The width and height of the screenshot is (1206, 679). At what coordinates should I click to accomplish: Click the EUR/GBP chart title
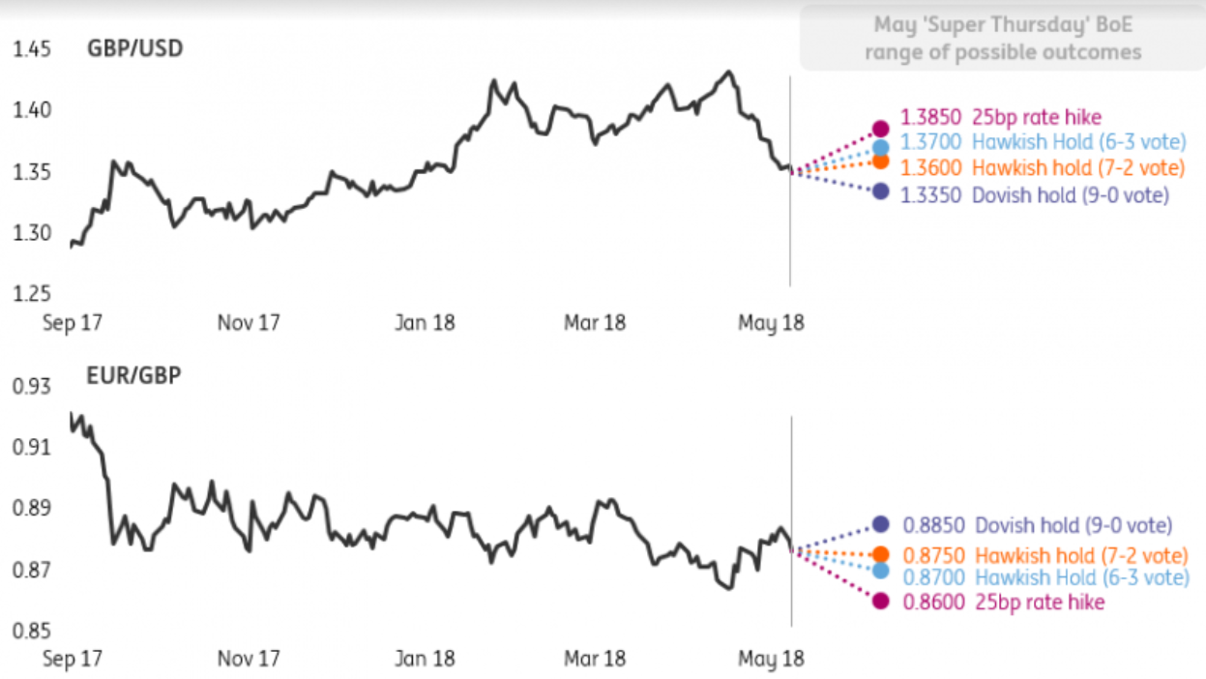tap(132, 375)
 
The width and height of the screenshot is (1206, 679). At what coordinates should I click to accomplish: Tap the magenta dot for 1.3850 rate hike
tap(881, 129)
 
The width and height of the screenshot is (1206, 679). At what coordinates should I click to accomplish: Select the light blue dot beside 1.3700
tap(881, 147)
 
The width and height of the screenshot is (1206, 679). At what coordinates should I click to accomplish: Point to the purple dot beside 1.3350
tap(880, 192)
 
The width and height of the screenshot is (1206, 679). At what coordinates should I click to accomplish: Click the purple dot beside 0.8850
tap(881, 524)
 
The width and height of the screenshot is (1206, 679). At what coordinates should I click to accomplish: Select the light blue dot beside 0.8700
tap(881, 571)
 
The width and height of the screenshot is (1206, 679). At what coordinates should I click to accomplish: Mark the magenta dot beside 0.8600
tap(881, 602)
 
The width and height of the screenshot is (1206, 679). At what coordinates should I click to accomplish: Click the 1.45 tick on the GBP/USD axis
tap(31, 48)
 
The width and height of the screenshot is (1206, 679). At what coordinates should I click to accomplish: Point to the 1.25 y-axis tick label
tap(31, 294)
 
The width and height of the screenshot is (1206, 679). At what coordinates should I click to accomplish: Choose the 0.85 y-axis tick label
tap(31, 632)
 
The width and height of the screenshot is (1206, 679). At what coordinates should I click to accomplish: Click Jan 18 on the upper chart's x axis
tap(426, 322)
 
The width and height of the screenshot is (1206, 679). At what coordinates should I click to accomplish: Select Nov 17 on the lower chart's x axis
tap(249, 659)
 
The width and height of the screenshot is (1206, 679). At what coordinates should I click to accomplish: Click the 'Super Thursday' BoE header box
tap(1002, 38)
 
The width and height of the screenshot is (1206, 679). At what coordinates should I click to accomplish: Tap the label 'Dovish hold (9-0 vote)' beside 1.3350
tap(1071, 195)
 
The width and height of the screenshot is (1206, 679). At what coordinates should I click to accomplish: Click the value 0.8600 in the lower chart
tap(932, 603)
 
